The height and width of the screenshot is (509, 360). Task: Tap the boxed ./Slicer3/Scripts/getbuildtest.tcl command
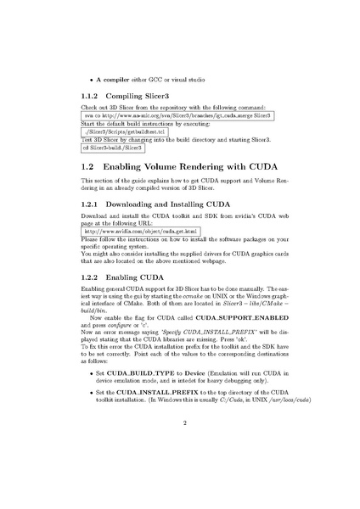coord(126,133)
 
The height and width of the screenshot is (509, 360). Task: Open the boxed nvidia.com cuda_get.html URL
coord(140,230)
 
